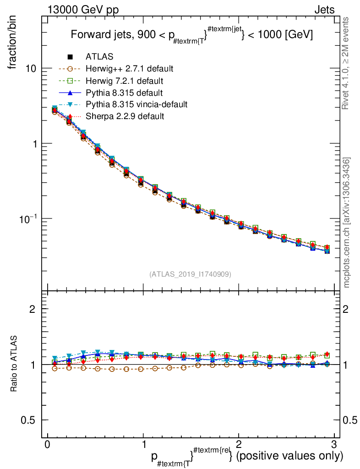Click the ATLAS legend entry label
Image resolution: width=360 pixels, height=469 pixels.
tap(99, 57)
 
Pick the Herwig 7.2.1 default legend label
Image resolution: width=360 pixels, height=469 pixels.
tap(124, 81)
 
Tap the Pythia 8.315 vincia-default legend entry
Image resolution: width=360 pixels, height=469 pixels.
tap(136, 104)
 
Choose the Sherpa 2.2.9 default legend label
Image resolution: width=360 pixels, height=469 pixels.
tap(125, 116)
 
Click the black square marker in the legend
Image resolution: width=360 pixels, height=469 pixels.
tap(70, 57)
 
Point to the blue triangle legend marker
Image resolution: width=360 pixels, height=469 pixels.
tap(70, 93)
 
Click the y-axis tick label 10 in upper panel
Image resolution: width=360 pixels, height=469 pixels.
tap(31, 69)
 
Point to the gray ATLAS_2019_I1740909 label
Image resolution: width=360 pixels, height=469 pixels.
tap(190, 274)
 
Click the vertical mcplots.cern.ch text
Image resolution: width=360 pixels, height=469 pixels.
tap(347, 223)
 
